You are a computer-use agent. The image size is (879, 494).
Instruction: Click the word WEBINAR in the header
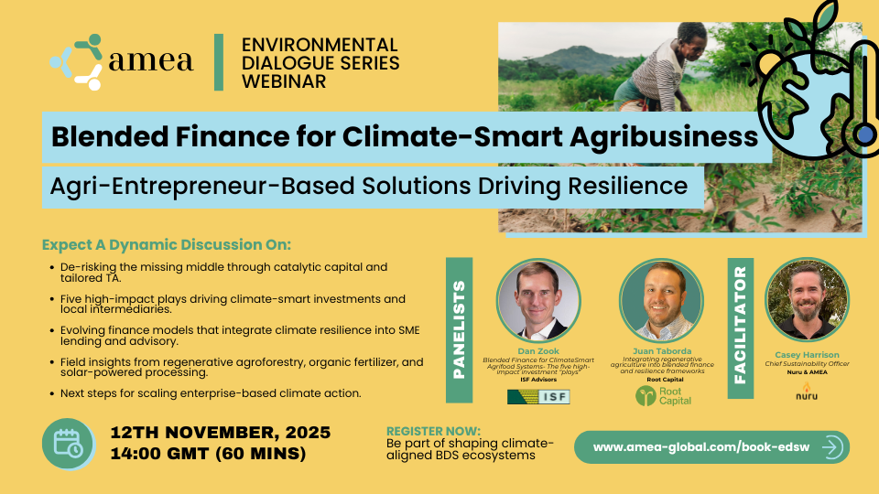[283, 81]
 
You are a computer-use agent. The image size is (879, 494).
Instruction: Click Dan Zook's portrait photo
[538, 301]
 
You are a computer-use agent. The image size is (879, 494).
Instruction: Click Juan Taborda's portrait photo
[661, 301]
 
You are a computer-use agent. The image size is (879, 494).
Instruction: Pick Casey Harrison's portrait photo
[806, 301]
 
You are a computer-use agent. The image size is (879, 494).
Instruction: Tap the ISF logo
[537, 396]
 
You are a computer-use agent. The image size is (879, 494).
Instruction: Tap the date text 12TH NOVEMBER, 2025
[220, 432]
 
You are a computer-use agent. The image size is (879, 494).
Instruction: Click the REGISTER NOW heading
[433, 430]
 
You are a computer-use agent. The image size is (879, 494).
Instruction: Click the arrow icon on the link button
[831, 447]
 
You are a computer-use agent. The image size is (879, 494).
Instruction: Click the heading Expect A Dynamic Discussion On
[166, 245]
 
